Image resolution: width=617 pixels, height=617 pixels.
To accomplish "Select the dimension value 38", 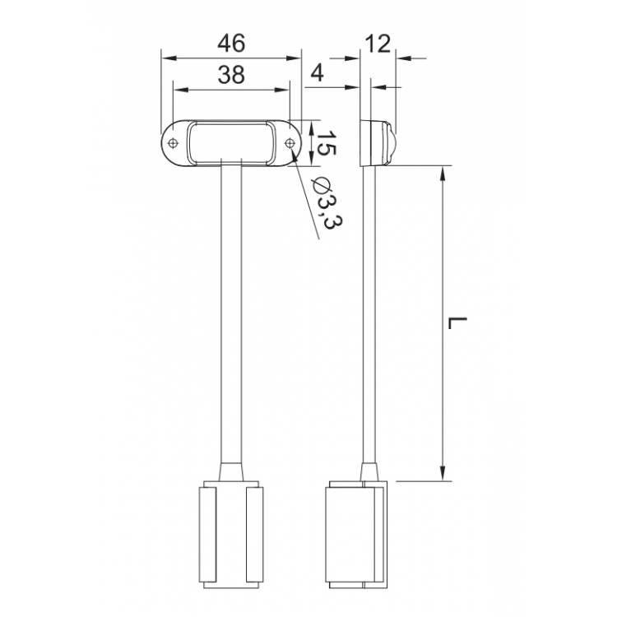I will click(x=232, y=76).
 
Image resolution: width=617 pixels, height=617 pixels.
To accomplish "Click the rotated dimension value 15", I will click(x=326, y=143).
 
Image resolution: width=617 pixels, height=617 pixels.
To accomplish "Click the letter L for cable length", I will click(x=459, y=322).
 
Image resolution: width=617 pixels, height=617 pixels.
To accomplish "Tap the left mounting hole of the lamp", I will click(x=173, y=143).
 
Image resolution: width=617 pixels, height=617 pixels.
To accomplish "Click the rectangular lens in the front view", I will click(x=231, y=141).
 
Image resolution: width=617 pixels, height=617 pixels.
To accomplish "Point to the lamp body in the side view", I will click(x=378, y=143).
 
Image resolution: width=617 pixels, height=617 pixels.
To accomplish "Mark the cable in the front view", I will click(x=231, y=313).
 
